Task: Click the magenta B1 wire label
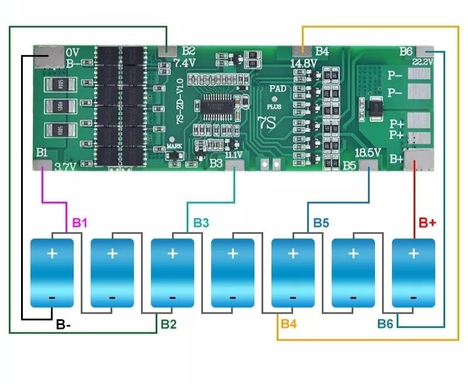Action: point(80,223)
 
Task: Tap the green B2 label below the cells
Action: point(168,323)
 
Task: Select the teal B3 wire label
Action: point(201,223)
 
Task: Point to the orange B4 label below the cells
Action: point(289,323)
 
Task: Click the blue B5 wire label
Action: point(321,223)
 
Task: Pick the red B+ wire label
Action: point(428,223)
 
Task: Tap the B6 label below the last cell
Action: point(386,323)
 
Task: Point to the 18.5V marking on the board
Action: point(369,152)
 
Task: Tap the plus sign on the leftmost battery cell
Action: point(52,254)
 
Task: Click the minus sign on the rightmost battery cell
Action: point(414,297)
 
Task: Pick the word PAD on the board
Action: point(278,88)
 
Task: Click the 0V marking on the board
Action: point(73,51)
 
